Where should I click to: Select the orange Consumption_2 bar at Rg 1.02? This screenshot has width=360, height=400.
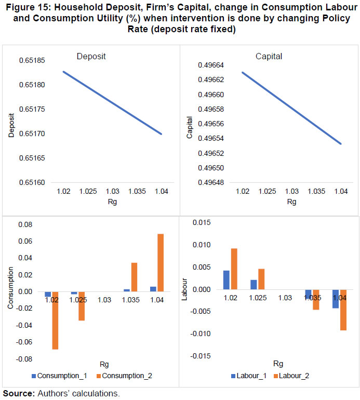click(54, 320)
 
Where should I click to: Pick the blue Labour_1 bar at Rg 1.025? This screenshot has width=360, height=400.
click(253, 284)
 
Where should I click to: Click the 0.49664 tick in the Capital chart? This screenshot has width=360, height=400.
click(211, 65)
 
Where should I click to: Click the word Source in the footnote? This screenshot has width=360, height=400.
click(18, 393)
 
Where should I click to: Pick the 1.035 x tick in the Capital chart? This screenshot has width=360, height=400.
click(316, 192)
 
